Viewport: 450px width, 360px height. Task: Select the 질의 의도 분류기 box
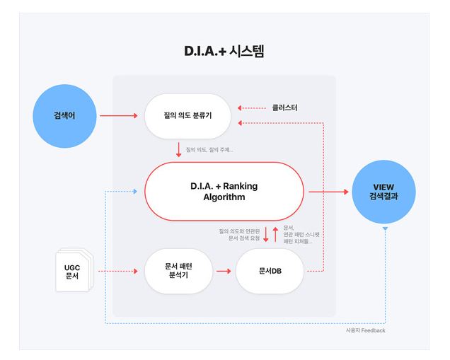coord(188,115)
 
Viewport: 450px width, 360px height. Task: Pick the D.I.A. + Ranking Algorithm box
coord(224,192)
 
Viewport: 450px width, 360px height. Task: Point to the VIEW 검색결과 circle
coord(385,192)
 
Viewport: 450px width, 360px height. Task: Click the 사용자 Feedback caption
coord(366,330)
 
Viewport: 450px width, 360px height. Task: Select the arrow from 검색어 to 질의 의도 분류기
coord(118,114)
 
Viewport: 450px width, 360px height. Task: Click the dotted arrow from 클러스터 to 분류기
coord(252,108)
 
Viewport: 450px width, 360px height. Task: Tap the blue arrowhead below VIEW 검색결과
coord(385,231)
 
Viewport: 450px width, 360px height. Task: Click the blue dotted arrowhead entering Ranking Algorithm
coord(139,192)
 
